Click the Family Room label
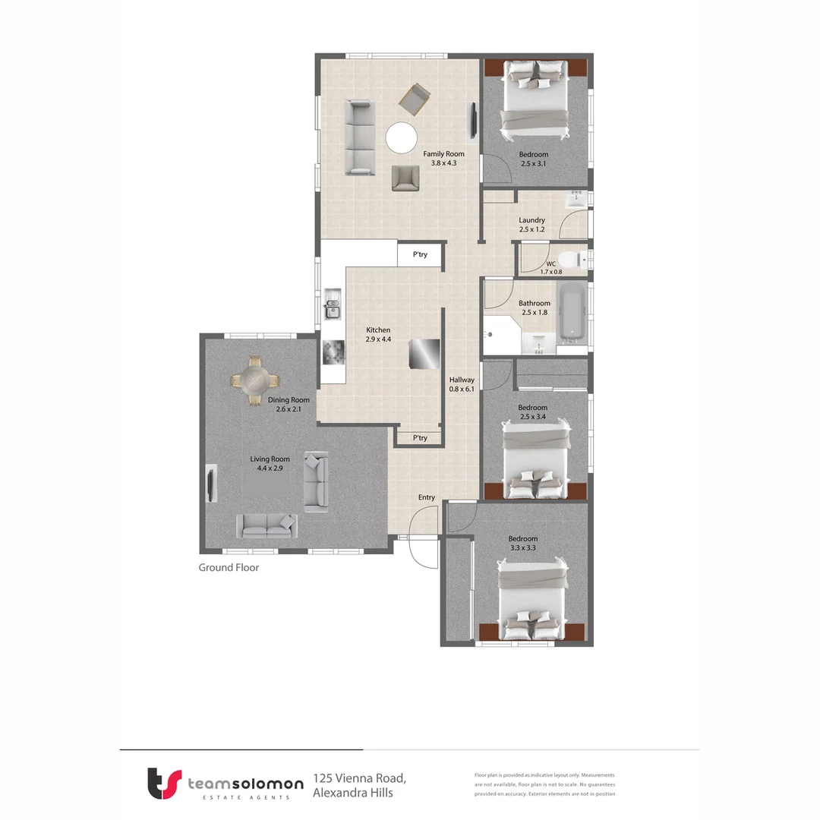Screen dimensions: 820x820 [x=443, y=154]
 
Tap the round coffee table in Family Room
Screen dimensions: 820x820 [x=401, y=139]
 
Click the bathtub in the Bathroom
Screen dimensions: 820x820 [x=572, y=312]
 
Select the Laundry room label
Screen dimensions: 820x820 [x=531, y=220]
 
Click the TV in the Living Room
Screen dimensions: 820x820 [x=210, y=483]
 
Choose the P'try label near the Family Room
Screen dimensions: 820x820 [x=420, y=255]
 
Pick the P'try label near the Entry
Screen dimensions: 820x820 [x=420, y=438]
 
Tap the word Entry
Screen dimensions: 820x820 [x=427, y=497]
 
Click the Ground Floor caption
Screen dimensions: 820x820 [x=229, y=567]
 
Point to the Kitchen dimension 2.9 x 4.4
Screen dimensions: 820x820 [x=378, y=339]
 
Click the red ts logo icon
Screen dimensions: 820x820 [x=164, y=783]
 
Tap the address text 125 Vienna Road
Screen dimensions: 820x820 [x=360, y=779]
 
